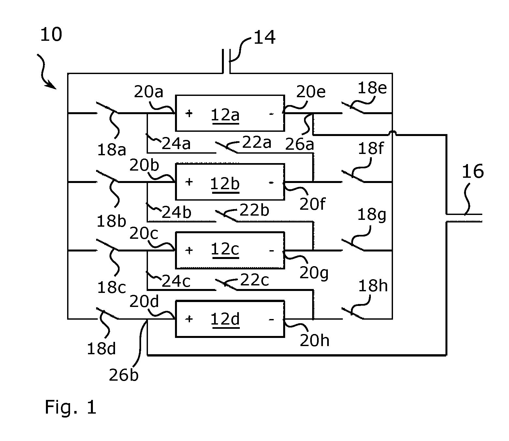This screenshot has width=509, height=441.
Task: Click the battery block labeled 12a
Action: point(230,113)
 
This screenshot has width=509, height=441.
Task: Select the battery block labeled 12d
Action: point(230,319)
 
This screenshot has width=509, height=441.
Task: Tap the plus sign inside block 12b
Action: point(189,182)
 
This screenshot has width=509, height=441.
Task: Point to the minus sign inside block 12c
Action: point(271,251)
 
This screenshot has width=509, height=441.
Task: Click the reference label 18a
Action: point(111,150)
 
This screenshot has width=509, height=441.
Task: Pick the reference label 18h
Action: point(373,286)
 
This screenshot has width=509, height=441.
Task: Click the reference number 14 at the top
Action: point(265,37)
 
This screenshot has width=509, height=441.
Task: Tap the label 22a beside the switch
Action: point(257,142)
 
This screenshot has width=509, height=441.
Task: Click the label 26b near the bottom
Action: point(124,375)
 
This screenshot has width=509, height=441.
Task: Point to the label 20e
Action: point(311,92)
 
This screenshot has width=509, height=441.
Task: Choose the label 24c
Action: point(176,281)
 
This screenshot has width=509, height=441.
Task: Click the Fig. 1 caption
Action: point(70,407)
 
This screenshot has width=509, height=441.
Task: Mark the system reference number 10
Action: point(51,35)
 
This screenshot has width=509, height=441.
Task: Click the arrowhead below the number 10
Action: point(52,85)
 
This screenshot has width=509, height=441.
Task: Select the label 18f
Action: point(371,149)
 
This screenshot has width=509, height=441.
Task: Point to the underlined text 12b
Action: point(225,184)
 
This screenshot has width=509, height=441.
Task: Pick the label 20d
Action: point(144,301)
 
